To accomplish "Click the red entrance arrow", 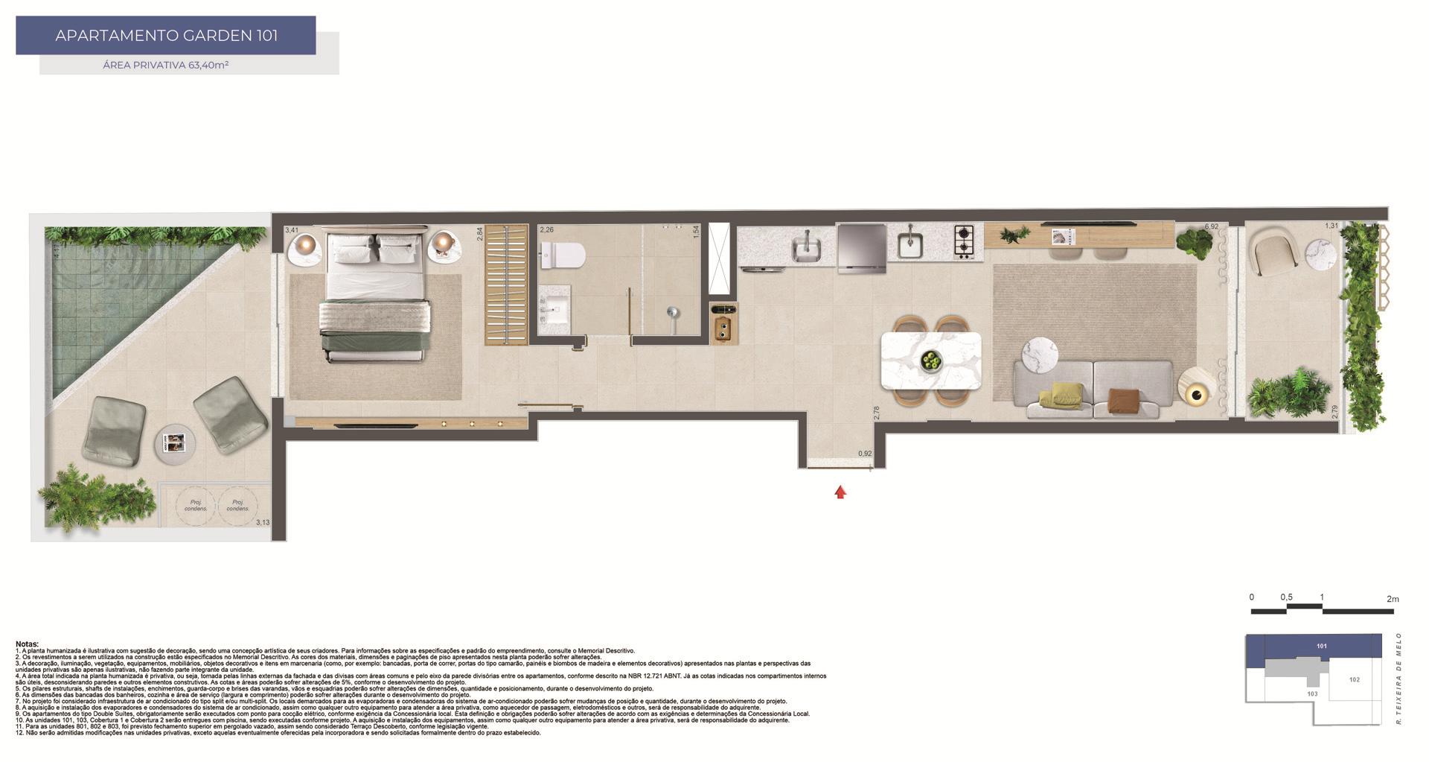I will (x=840, y=492).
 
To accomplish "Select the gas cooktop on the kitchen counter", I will (x=964, y=241).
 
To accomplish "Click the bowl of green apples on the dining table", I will (x=931, y=361).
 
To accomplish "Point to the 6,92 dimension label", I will (x=1211, y=226).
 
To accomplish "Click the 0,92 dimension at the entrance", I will (x=864, y=454).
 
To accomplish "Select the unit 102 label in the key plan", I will (x=1354, y=679).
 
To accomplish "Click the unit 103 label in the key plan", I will (x=1311, y=693).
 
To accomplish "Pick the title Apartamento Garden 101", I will (x=166, y=35).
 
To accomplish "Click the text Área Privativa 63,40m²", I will (x=166, y=65).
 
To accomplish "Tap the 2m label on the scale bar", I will (x=1393, y=598).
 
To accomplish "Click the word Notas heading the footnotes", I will (x=27, y=644).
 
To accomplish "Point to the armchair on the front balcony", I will (x=1276, y=249).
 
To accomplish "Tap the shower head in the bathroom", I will (x=673, y=313).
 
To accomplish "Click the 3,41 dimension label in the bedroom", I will (x=292, y=230).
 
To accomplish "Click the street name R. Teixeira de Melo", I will (x=1399, y=679).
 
